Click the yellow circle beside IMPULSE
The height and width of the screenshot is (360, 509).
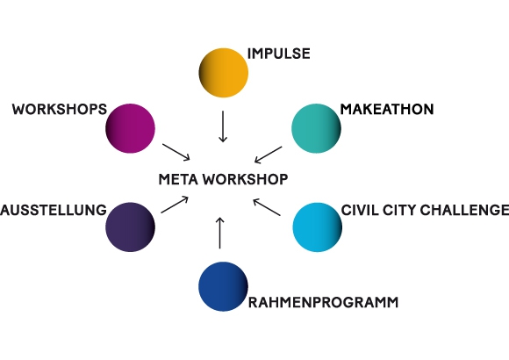pyautogui.click(x=223, y=73)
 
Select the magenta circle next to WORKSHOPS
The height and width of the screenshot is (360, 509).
pyautogui.click(x=130, y=128)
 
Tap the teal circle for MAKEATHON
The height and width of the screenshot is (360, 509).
pyautogui.click(x=316, y=128)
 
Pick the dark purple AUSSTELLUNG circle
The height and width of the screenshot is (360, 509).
pyautogui.click(x=130, y=227)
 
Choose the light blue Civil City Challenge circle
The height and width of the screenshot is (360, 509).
pyautogui.click(x=317, y=227)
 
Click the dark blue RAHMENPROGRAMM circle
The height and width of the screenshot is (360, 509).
pyautogui.click(x=223, y=286)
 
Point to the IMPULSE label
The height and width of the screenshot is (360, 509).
pyautogui.click(x=278, y=54)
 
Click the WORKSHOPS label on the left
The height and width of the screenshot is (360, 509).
pyautogui.click(x=60, y=109)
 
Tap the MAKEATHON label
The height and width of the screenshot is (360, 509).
pyautogui.click(x=387, y=109)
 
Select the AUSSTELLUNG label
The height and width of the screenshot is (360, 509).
pyautogui.click(x=54, y=210)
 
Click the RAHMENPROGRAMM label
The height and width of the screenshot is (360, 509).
pyautogui.click(x=323, y=303)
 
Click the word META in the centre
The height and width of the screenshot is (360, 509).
pyautogui.click(x=178, y=179)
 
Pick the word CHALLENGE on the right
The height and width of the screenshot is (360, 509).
pyautogui.click(x=464, y=210)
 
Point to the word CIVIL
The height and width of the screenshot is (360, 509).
pyautogui.click(x=360, y=210)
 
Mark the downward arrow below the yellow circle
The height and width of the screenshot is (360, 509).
pyautogui.click(x=223, y=126)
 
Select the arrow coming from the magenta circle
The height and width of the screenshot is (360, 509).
pyautogui.click(x=176, y=152)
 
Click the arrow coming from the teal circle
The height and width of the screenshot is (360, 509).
pyautogui.click(x=269, y=155)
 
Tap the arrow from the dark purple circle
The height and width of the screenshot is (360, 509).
pyautogui.click(x=175, y=205)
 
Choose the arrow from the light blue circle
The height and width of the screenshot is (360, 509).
pyautogui.click(x=267, y=207)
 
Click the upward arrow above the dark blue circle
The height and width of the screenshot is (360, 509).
pyautogui.click(x=219, y=233)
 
